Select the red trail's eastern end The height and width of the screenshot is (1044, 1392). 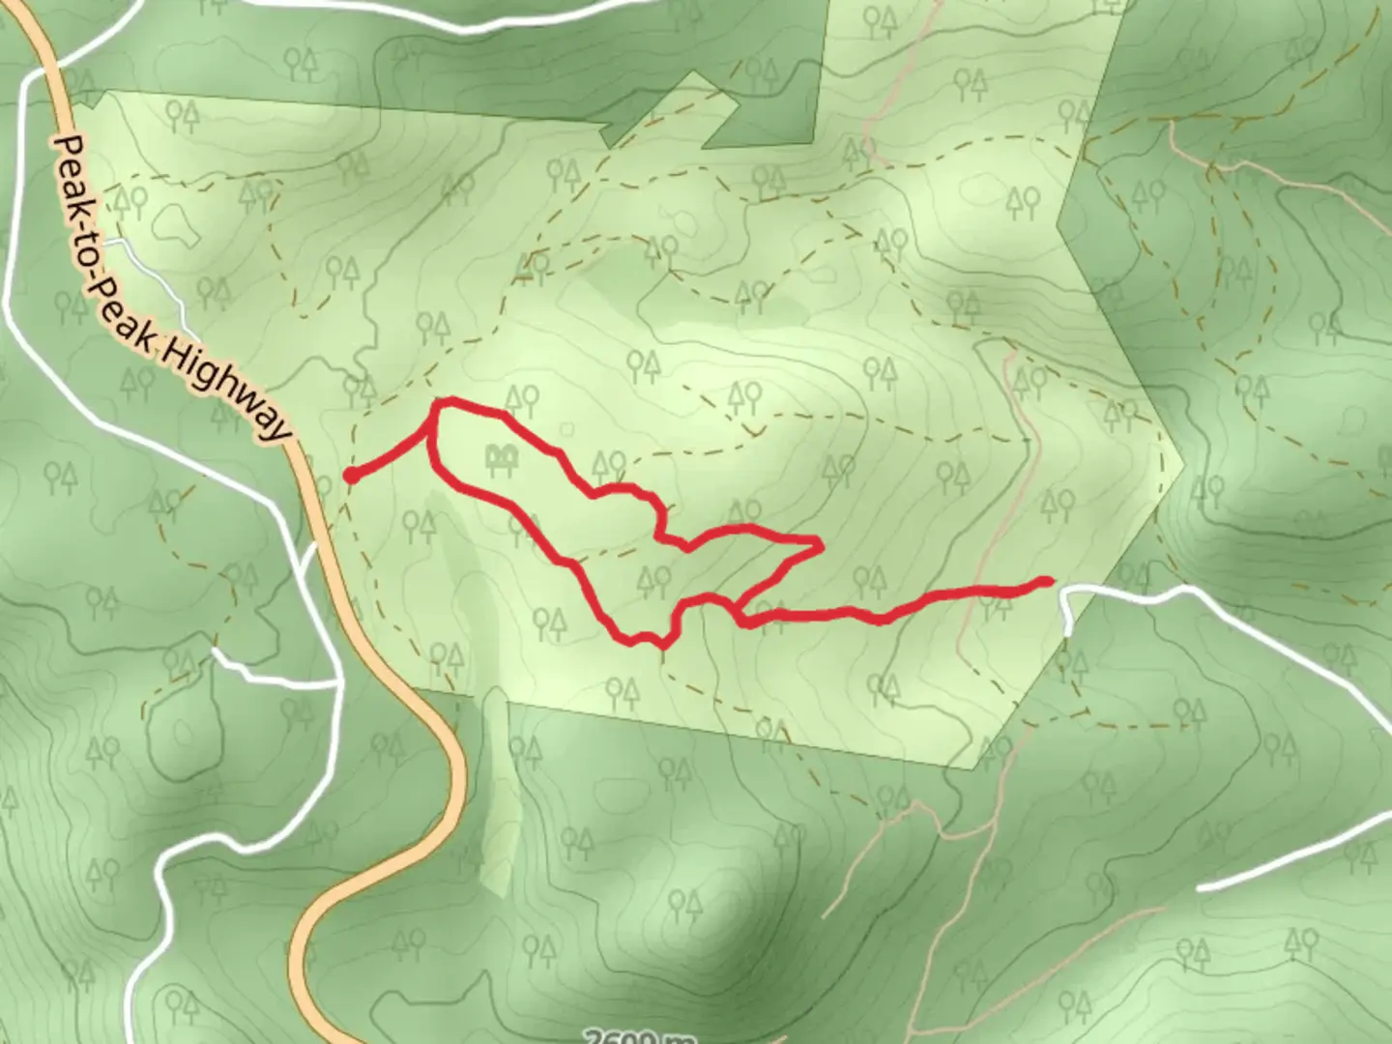(1047, 581)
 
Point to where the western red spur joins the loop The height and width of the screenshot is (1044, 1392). (432, 434)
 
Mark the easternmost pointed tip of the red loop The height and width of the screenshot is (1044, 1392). (821, 546)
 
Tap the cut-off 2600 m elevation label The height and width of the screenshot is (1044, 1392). (638, 1036)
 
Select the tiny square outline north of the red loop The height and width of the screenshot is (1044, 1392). (566, 426)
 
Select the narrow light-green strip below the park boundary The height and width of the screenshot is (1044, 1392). (495, 793)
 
